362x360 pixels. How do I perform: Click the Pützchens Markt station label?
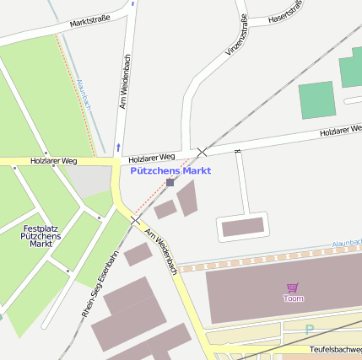[x=171, y=170]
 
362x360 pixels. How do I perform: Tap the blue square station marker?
[x=170, y=182]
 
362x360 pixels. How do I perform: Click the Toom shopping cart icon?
[x=293, y=287]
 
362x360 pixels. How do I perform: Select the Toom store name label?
[x=293, y=298]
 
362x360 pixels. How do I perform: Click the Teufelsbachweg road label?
[x=335, y=349]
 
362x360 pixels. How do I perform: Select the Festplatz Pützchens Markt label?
[x=41, y=236]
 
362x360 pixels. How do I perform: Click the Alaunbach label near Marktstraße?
[x=84, y=94]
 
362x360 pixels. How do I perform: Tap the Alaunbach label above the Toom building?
[x=345, y=243]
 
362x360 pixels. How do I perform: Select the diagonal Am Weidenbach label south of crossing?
[x=160, y=250]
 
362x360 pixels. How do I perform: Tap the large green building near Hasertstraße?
[x=316, y=99]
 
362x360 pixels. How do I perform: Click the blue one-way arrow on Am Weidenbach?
[x=119, y=145]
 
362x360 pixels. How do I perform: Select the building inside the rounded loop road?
[x=242, y=226]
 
